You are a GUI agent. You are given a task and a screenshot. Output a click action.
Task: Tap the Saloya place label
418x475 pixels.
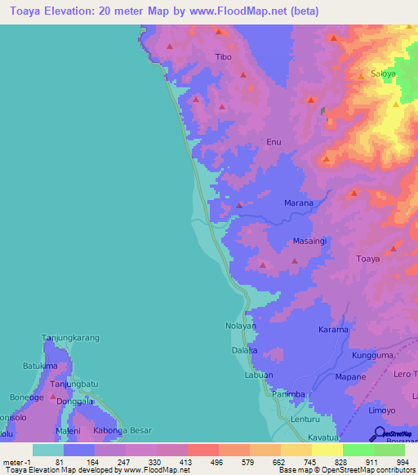(x=383, y=73)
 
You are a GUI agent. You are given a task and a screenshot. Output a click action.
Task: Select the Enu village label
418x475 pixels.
(x=274, y=142)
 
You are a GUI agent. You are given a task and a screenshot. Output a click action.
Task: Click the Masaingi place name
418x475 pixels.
(x=310, y=242)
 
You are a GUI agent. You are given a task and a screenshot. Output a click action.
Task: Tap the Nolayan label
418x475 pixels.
(x=241, y=326)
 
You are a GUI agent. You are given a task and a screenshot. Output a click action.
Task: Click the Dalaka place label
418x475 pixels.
(x=245, y=350)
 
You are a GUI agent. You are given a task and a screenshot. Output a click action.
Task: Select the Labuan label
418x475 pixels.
(x=259, y=375)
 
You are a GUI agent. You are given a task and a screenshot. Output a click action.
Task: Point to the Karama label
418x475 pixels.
(x=333, y=331)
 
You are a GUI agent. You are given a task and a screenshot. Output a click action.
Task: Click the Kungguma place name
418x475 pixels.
(x=372, y=357)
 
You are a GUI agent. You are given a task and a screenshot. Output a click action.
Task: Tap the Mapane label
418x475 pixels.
(x=350, y=378)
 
